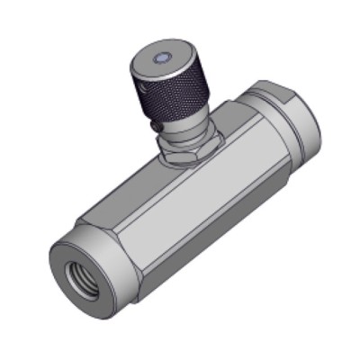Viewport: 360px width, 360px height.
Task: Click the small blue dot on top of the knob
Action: (x=159, y=58)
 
